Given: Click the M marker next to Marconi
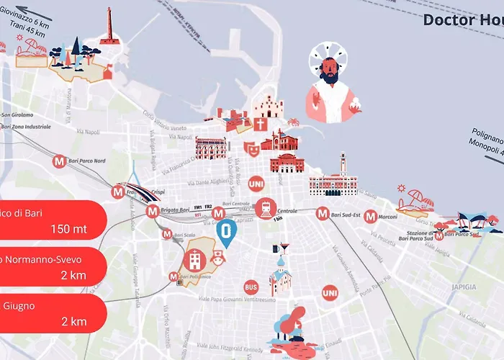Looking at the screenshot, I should (370, 215).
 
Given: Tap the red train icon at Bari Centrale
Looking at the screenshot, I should (266, 207).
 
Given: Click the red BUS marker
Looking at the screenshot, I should (251, 287).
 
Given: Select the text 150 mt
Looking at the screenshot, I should (69, 230).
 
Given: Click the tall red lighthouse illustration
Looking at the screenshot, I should (109, 27).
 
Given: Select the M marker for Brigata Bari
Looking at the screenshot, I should (152, 212).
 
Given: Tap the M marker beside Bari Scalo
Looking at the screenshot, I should (167, 234).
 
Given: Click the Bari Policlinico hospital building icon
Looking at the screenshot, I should (195, 261).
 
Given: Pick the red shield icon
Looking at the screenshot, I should (252, 148).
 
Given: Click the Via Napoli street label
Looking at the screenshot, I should (87, 132).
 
